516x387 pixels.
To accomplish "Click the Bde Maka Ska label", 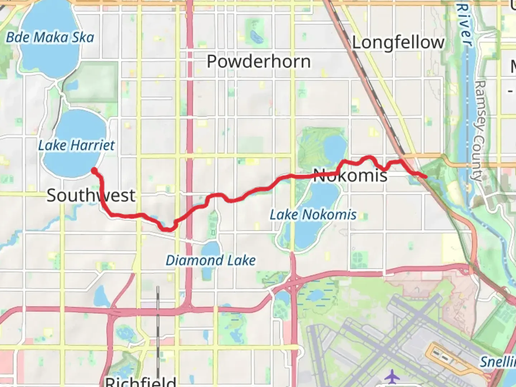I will click(x=50, y=37).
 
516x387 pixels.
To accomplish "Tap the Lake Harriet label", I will click(x=76, y=145).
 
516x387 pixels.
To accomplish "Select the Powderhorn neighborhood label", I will click(x=259, y=62).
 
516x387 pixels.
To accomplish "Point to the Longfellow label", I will click(x=398, y=43).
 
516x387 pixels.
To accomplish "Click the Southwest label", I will click(x=91, y=195).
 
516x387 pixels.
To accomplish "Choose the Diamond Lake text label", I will click(x=211, y=260).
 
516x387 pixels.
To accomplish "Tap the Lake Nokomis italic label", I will click(x=313, y=215).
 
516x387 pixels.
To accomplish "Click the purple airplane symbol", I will click(x=393, y=377).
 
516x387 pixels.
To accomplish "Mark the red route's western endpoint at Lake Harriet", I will click(x=94, y=170).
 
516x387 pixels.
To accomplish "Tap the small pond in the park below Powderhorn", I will click(x=255, y=36).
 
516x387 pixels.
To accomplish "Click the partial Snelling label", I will click(x=498, y=362).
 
